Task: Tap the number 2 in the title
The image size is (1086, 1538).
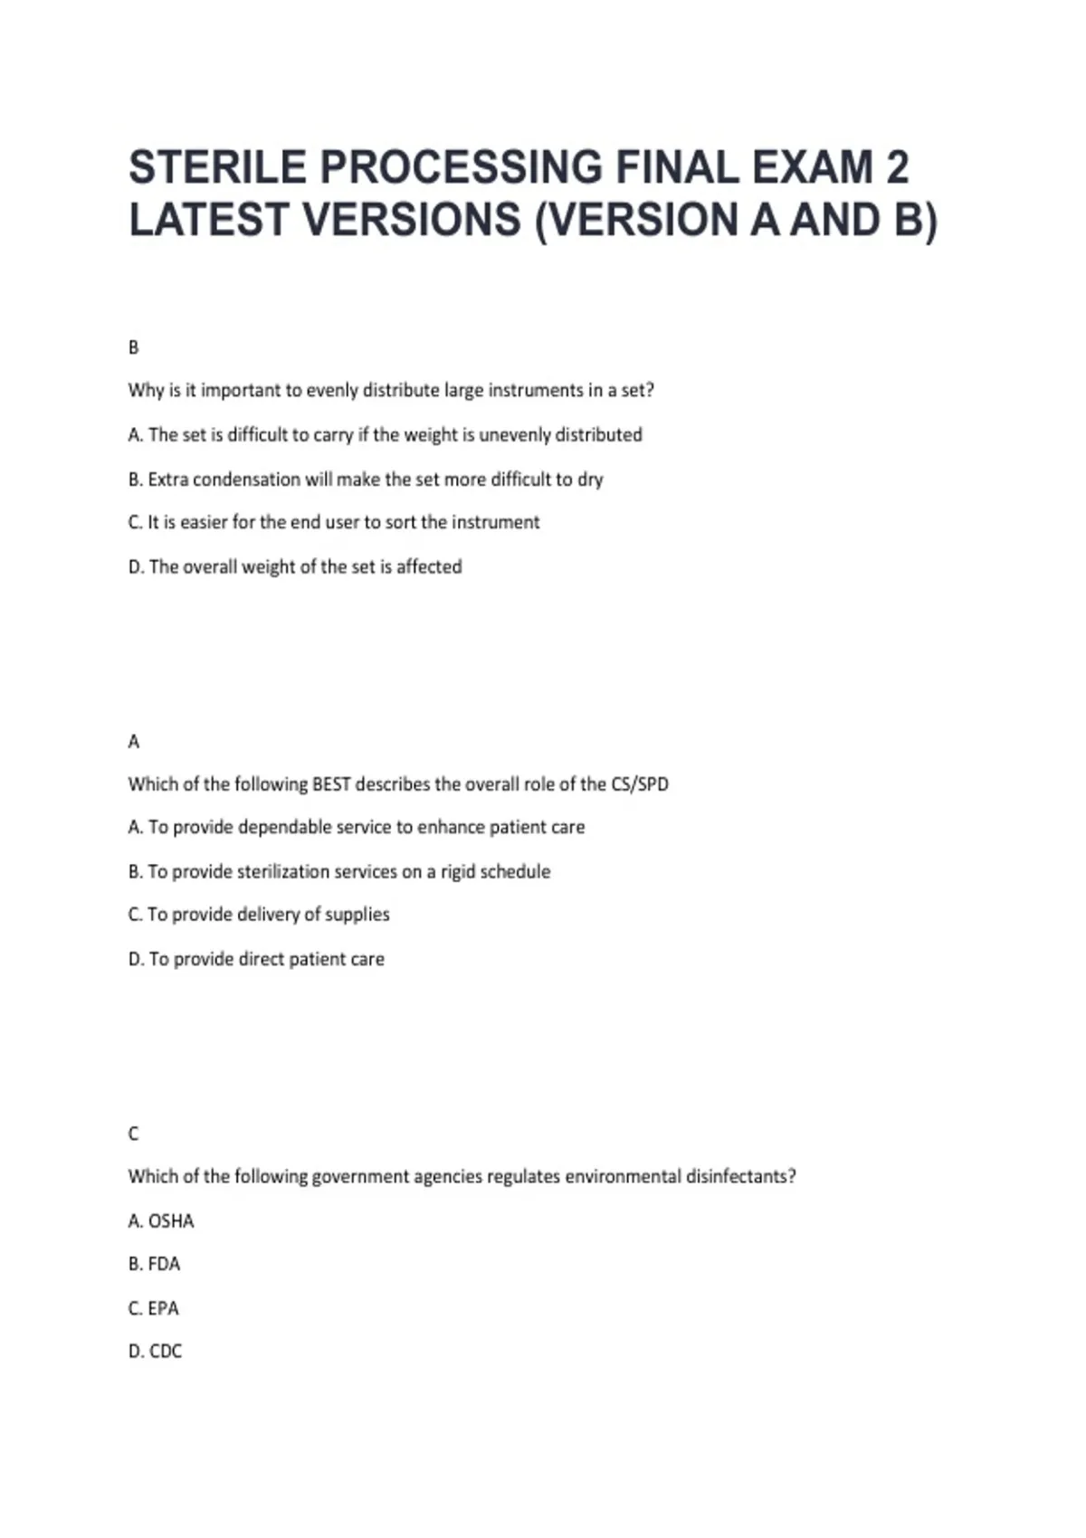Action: coord(896,167)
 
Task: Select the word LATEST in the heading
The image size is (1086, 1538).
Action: coord(209,220)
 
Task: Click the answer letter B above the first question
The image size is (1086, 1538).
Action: coord(134,347)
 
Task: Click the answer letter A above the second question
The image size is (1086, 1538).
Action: coord(134,742)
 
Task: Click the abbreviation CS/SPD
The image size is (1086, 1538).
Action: coord(639,784)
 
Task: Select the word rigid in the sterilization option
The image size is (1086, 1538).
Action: coord(458,872)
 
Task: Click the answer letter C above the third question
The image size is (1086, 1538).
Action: coord(134,1134)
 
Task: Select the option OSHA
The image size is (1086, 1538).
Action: coord(171,1221)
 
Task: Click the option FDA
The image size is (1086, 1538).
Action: coord(164,1264)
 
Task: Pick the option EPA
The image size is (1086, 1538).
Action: coord(164,1308)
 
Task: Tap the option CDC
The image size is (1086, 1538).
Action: coord(166,1352)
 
